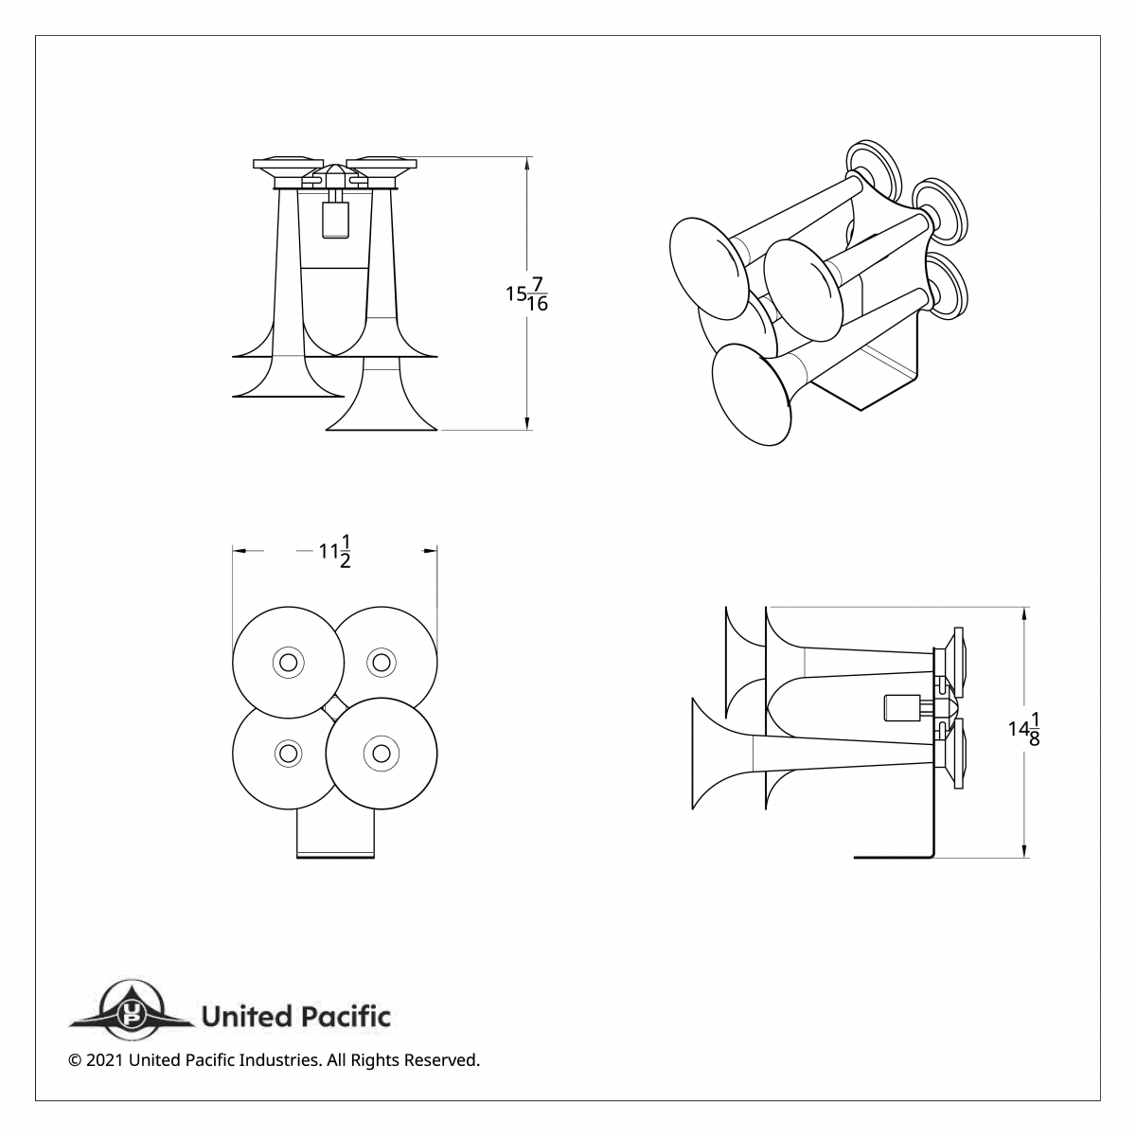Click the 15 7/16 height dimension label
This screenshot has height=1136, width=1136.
click(526, 294)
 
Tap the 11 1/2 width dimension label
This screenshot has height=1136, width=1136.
click(335, 552)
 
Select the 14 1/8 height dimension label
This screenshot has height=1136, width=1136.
click(1024, 730)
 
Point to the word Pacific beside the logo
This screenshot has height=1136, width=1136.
click(346, 1018)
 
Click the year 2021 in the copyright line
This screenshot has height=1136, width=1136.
click(105, 1060)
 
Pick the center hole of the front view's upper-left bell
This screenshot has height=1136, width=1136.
click(288, 661)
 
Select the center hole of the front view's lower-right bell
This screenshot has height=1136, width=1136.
click(381, 753)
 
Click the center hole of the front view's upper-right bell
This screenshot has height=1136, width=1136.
click(381, 661)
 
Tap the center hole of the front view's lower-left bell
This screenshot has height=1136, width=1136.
click(288, 753)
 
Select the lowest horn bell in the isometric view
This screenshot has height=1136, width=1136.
click(751, 394)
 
